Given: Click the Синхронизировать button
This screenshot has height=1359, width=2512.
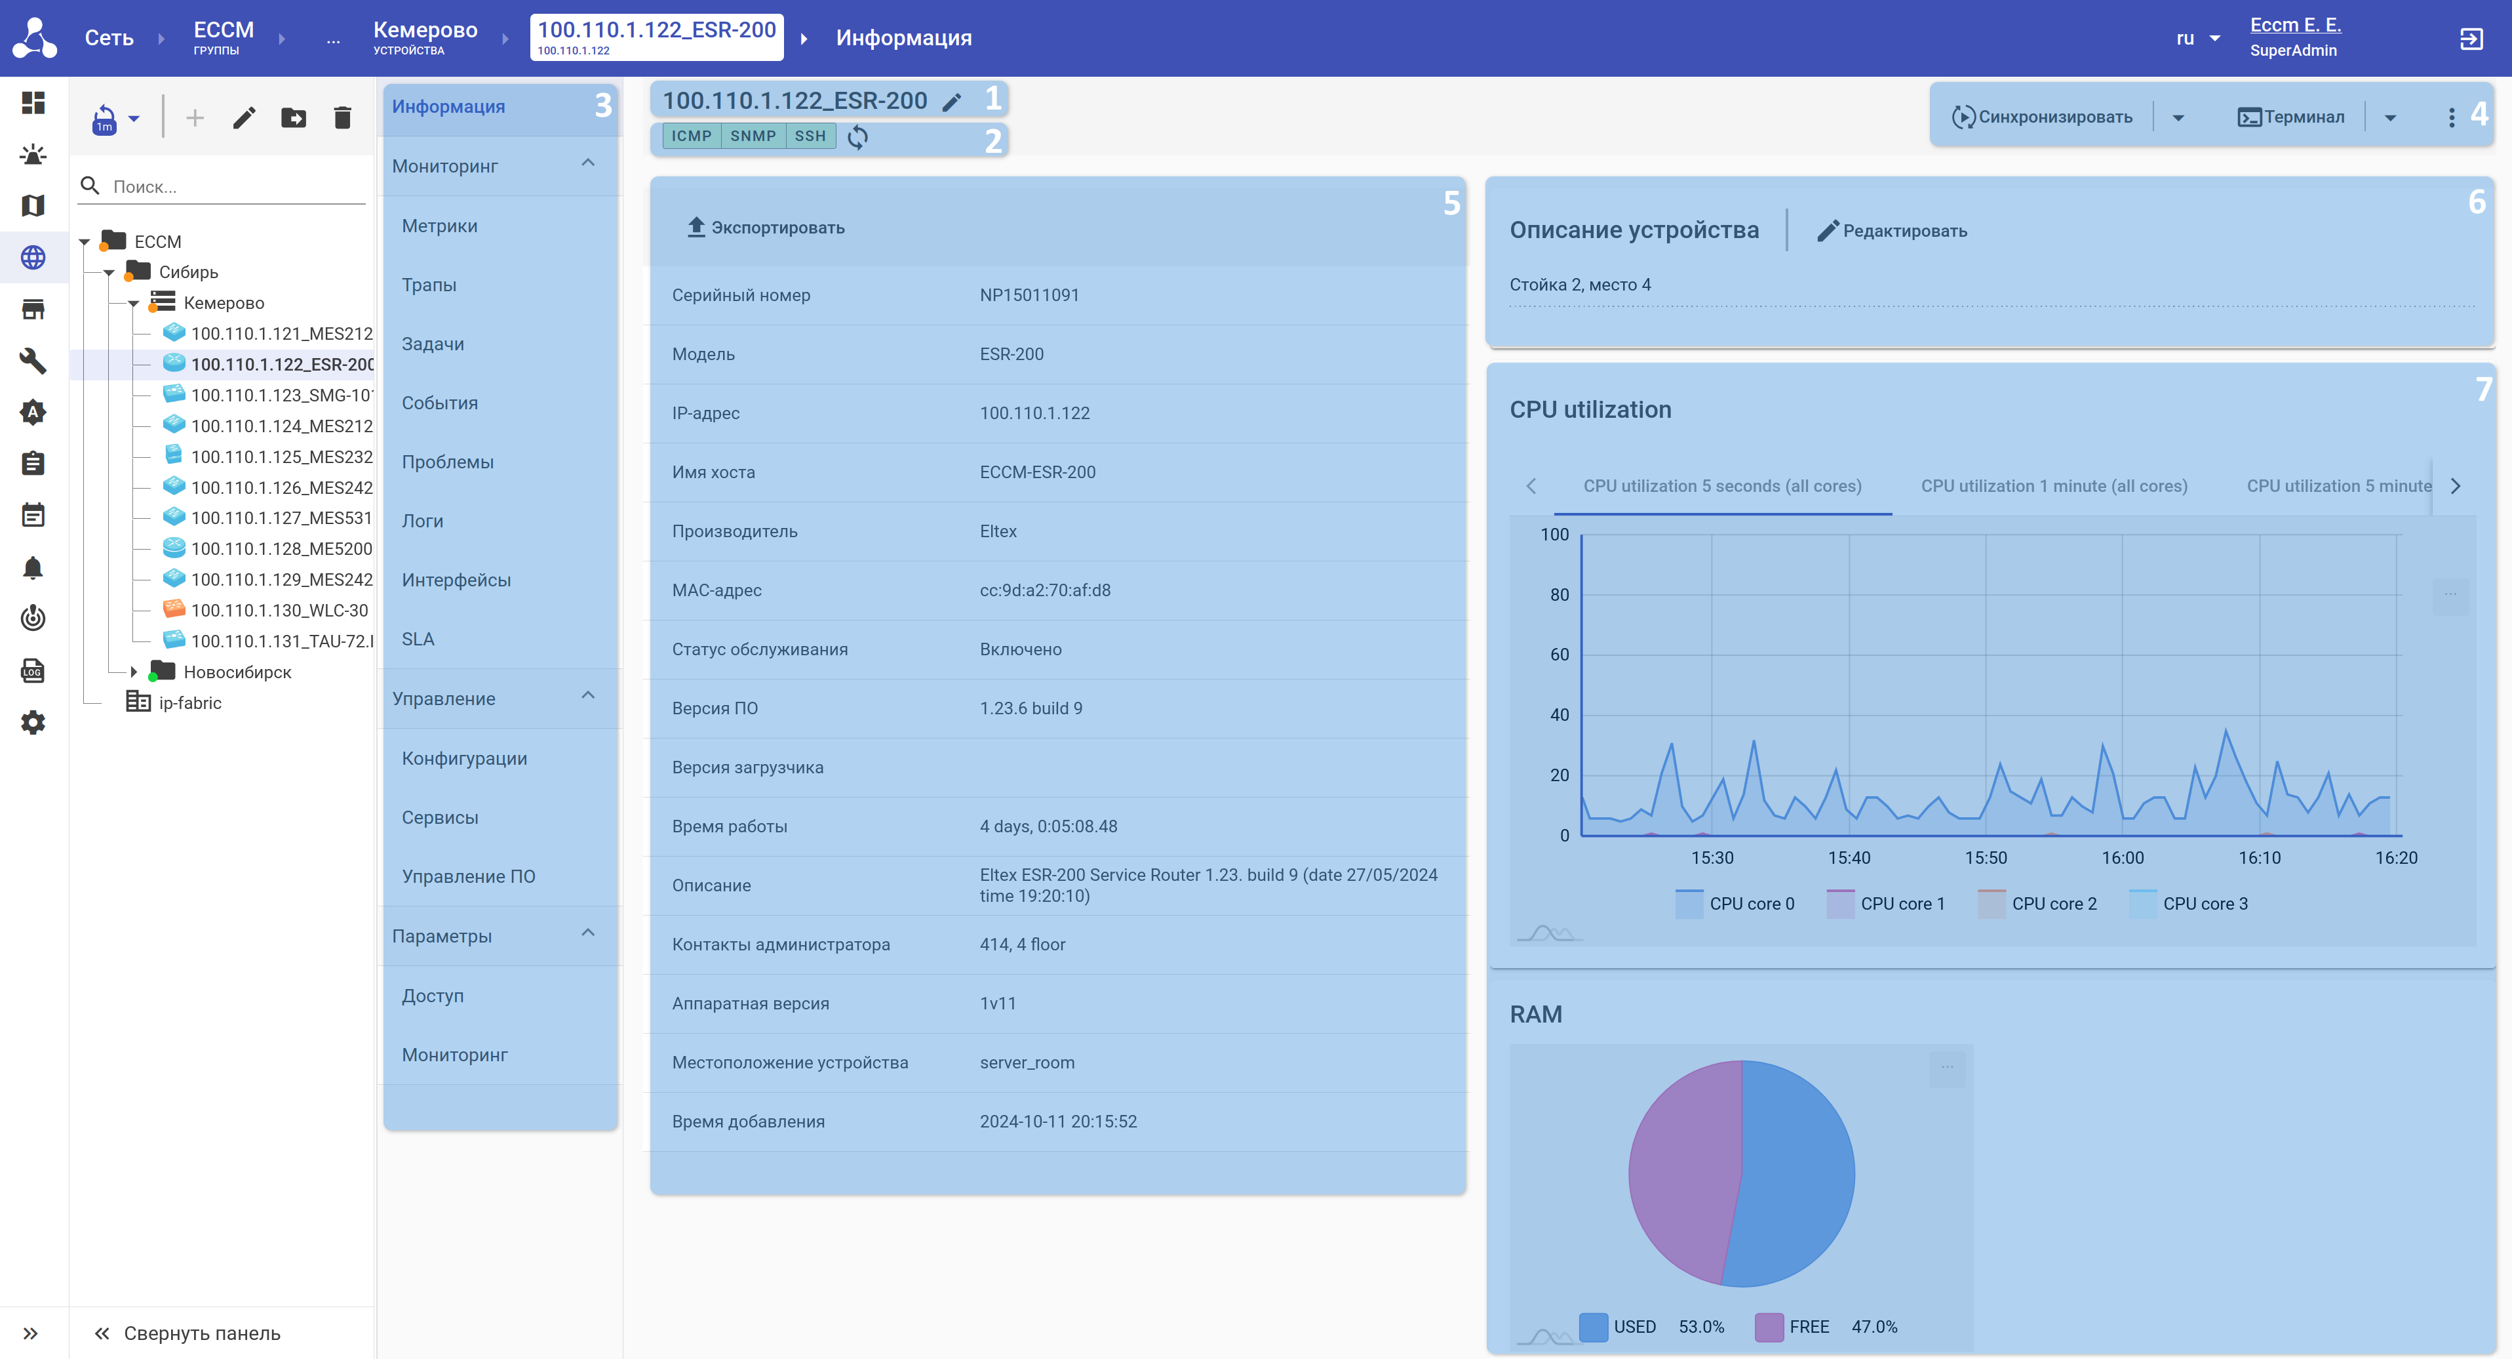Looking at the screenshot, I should [x=2042, y=117].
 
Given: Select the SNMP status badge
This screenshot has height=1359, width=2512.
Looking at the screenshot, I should [x=753, y=136].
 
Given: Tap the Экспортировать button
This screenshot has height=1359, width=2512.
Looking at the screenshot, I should [x=766, y=228].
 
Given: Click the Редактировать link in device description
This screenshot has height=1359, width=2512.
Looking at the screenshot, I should [x=1892, y=232].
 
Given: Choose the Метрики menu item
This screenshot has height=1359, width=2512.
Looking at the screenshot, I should [x=440, y=226].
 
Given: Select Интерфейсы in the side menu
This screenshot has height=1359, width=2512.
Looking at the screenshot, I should [x=456, y=580].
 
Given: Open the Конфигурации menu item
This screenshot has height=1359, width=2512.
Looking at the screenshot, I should [x=464, y=758].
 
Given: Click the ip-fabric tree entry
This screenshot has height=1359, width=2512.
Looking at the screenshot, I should [x=189, y=702].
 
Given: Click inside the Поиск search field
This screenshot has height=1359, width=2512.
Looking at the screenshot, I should [x=234, y=186].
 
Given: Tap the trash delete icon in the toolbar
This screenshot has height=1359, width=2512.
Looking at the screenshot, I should [x=342, y=118].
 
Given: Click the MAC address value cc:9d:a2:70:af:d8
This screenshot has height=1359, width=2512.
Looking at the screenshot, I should [x=1044, y=590].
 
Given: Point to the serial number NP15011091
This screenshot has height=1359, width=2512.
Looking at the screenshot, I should [x=1029, y=294].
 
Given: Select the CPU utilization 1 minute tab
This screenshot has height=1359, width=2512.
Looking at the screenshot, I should [x=2054, y=486].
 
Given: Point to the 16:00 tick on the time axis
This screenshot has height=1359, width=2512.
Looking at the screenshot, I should [x=2122, y=857].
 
